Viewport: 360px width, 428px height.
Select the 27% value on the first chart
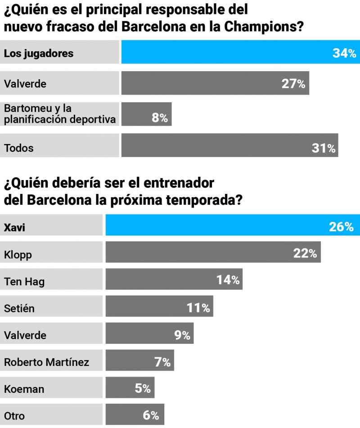pos(293,84)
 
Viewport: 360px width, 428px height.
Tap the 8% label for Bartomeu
pos(160,118)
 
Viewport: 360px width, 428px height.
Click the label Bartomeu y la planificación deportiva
pos(59,114)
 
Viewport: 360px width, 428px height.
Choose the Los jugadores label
pos(38,54)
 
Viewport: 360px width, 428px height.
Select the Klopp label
pos(18,255)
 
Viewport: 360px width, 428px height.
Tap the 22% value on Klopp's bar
pos(305,254)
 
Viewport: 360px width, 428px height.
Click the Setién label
pos(19,309)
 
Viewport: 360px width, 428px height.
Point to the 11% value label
pos(198,308)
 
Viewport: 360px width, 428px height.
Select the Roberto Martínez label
pos(46,362)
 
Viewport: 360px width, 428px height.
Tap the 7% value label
pos(162,361)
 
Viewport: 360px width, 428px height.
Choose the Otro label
pos(14,416)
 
